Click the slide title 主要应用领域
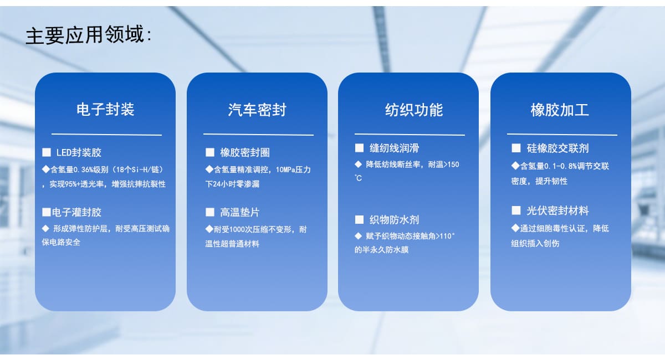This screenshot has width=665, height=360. tap(85, 35)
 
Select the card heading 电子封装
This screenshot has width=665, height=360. tap(105, 109)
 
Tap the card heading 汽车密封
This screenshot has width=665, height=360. tap(257, 110)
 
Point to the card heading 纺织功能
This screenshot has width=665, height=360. tap(414, 110)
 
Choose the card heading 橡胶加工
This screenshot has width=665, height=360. tap(560, 110)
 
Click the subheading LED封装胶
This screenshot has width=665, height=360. tap(79, 152)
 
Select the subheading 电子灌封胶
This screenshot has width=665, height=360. tap(76, 212)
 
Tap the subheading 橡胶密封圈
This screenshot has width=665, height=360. tap(245, 152)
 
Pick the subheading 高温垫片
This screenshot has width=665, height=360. tap(240, 212)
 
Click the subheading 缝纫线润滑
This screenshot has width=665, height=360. tap(394, 148)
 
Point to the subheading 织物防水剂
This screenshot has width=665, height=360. tap(394, 220)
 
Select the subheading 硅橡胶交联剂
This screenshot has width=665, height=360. tap(557, 148)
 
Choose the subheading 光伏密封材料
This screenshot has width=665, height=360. tap(557, 210)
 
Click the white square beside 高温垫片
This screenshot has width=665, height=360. tap(210, 212)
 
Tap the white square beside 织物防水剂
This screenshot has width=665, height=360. tap(359, 220)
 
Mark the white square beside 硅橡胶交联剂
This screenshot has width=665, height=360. tap(516, 148)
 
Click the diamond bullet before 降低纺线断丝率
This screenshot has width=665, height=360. tap(359, 164)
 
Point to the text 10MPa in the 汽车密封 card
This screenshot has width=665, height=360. tap(285, 170)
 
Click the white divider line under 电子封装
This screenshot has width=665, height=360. tap(106, 135)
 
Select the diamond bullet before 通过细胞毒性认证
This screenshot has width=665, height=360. tap(515, 228)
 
